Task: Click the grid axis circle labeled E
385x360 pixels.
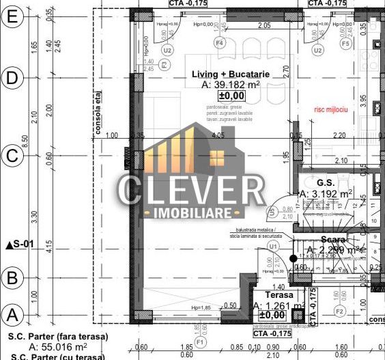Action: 12,18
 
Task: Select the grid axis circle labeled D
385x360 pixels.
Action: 12,78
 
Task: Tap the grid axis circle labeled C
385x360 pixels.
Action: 12,155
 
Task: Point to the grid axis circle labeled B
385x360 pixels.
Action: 12,277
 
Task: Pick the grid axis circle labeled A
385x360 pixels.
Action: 12,315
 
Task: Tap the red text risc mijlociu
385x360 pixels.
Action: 330,109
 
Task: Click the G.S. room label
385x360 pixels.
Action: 326,182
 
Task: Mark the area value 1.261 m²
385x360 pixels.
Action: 280,306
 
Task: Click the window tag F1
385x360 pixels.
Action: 199,340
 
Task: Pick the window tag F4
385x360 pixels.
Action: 220,43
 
